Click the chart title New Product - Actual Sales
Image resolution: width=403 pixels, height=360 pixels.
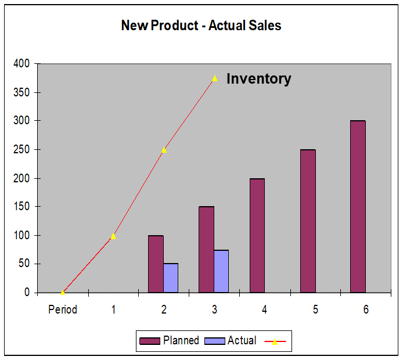[201, 26]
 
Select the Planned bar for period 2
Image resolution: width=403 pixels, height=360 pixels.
[156, 264]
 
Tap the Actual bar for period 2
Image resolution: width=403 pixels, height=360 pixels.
[171, 278]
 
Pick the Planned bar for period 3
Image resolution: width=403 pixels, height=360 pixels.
[206, 250]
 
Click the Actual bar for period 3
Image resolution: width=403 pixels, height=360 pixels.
[221, 271]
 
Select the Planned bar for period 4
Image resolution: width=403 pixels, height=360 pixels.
[257, 235]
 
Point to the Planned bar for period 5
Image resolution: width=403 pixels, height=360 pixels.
[308, 221]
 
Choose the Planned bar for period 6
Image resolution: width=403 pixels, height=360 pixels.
[358, 207]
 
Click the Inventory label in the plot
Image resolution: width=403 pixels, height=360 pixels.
[258, 79]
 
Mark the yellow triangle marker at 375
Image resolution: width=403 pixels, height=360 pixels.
[215, 78]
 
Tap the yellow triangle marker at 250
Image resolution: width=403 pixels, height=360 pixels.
[164, 150]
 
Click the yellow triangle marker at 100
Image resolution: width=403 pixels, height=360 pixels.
[113, 236]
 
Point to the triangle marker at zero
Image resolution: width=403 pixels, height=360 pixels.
[63, 292]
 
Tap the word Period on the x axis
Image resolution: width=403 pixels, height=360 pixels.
[63, 309]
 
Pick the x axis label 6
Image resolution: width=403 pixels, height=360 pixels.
[366, 309]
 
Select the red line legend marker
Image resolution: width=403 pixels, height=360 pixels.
[275, 341]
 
